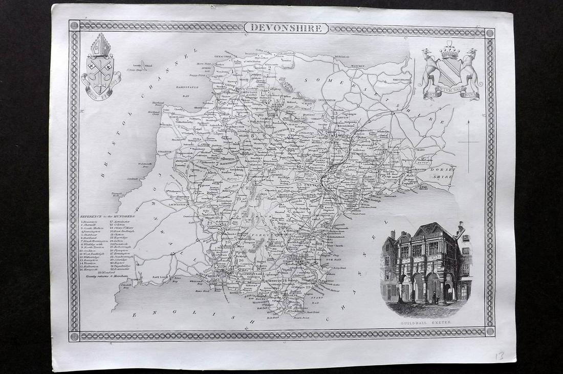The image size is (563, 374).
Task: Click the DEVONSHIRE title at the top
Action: click(x=286, y=28)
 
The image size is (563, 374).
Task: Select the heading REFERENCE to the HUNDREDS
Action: click(x=112, y=216)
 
